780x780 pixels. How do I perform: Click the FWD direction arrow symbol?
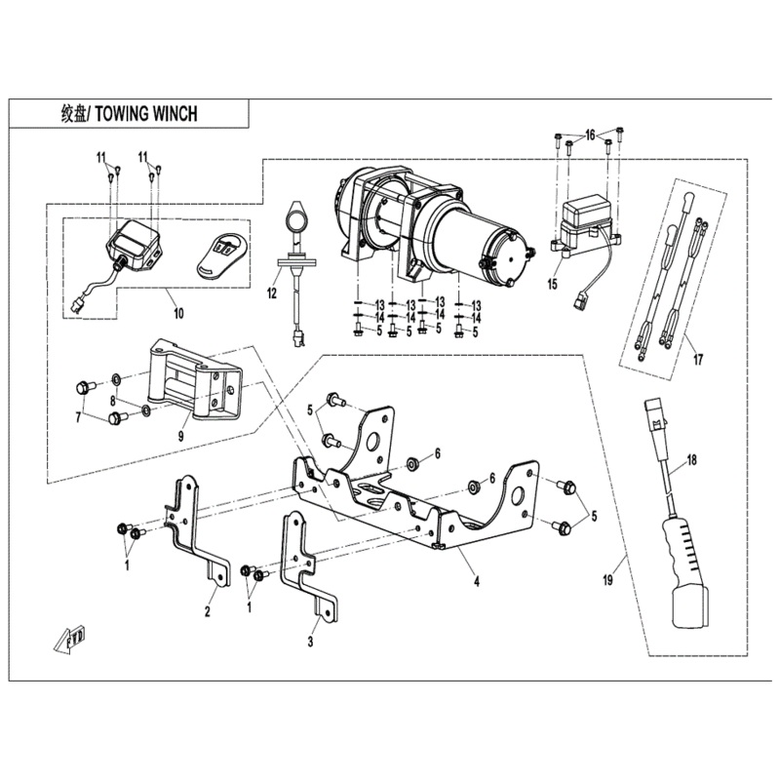click(70, 639)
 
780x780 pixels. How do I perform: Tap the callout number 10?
click(176, 313)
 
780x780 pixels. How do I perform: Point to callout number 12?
click(274, 293)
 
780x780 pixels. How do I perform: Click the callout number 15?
click(553, 286)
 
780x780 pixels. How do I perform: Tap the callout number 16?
click(589, 133)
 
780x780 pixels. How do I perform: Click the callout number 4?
click(477, 583)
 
